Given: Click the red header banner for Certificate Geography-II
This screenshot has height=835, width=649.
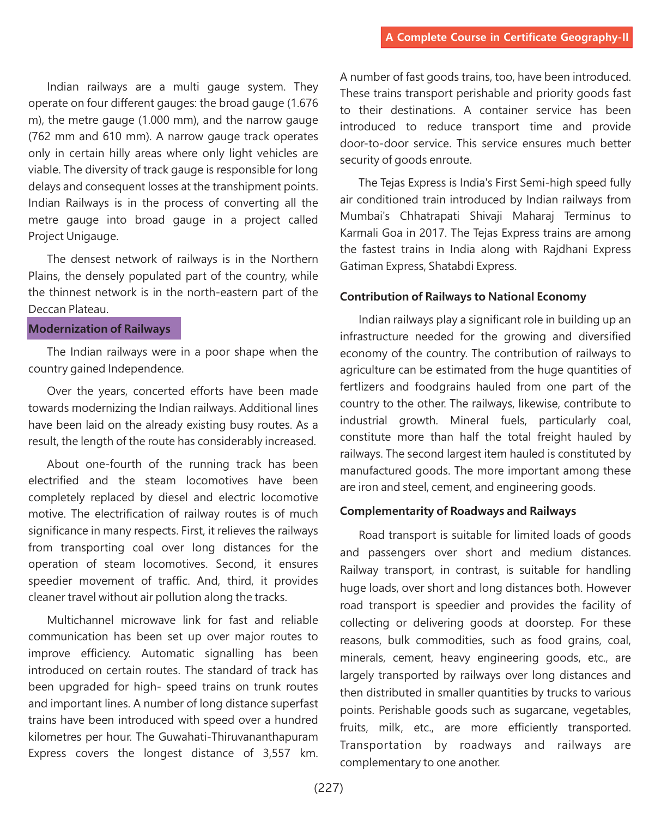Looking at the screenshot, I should [507, 38].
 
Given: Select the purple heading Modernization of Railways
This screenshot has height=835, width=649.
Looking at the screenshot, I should [100, 329].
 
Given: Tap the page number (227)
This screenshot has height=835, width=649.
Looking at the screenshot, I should [329, 788].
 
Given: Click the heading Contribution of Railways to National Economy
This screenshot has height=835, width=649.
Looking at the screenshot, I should [463, 297].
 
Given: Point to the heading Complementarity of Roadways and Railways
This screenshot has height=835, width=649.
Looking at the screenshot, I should [458, 511].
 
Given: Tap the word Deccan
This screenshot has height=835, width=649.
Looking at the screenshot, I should [47, 309].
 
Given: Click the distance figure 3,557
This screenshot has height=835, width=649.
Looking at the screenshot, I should [276, 753].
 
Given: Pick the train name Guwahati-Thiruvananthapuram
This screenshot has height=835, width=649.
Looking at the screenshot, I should [238, 737].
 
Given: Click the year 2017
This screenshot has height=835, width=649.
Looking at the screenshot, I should [433, 233].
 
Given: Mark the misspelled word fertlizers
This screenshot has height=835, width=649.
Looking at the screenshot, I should [365, 387].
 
